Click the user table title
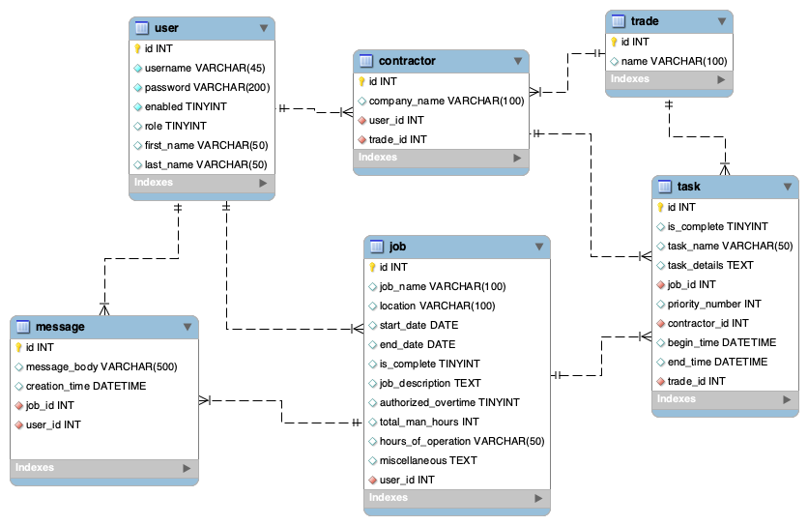166,28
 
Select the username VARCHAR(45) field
205,68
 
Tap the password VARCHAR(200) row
207,87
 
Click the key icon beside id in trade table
614,42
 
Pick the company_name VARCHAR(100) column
447,102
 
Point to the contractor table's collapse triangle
518,61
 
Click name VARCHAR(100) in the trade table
674,61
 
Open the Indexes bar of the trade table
669,79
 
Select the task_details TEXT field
710,265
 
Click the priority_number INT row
714,304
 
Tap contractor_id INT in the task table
708,323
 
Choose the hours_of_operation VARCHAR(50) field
462,442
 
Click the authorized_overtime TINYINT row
449,402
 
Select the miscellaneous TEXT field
428,460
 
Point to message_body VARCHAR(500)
101,366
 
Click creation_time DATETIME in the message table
86,386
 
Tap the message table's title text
60,327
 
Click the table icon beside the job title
377,247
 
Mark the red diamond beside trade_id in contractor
361,140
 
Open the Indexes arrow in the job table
538,498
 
